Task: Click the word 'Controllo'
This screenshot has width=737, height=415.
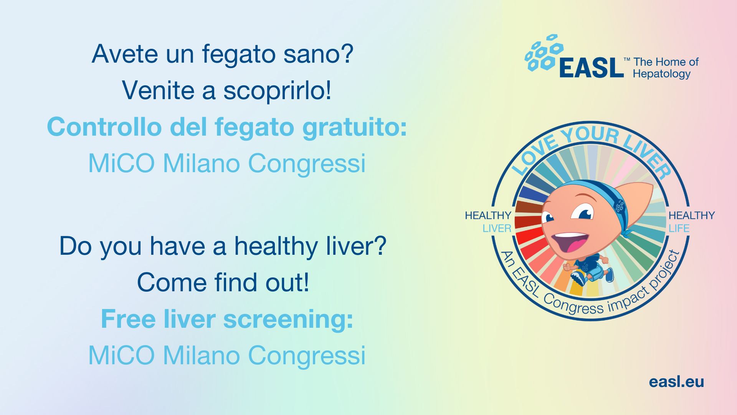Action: (104, 127)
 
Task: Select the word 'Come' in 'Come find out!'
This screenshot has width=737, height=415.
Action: (172, 283)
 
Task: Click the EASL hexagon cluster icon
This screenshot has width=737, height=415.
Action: (544, 53)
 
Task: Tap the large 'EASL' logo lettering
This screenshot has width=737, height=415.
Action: (591, 68)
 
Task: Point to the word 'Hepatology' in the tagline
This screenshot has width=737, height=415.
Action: (662, 74)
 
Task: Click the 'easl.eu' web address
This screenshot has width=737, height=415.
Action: (676, 382)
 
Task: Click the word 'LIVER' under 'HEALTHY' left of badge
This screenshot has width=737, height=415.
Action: (497, 228)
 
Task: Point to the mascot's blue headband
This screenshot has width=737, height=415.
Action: (606, 198)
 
